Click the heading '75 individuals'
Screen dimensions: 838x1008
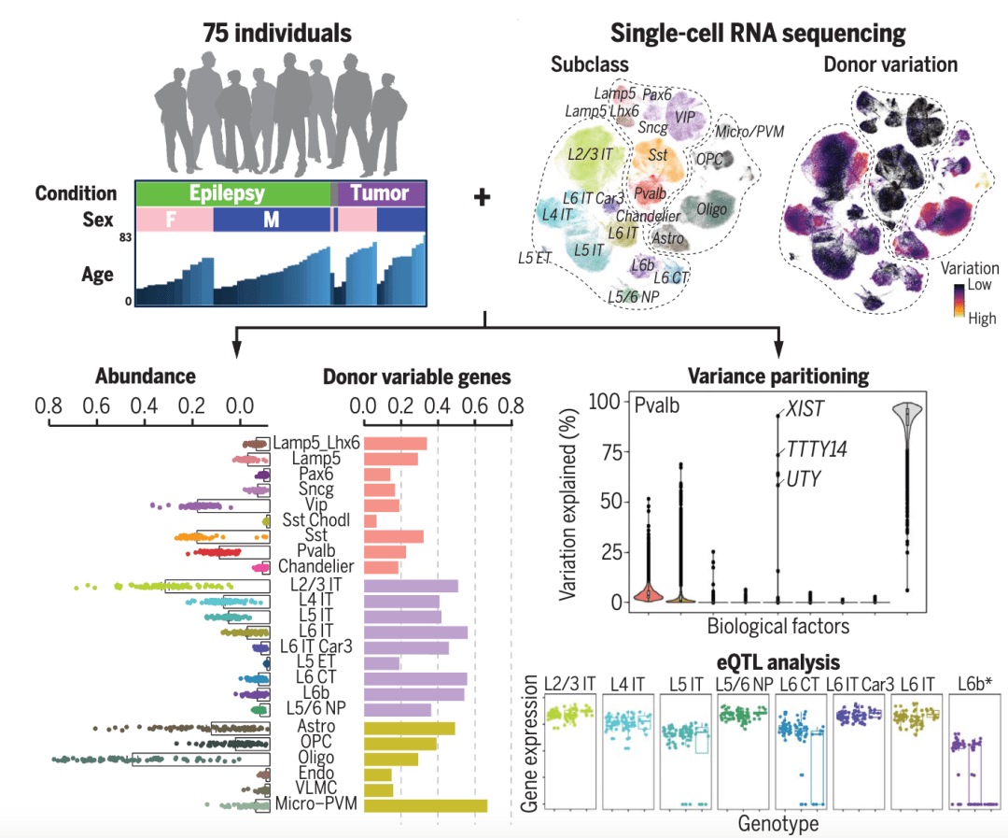[x=277, y=35]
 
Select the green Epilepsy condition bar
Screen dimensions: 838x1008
[x=227, y=193]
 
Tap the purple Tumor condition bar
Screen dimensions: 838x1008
[x=381, y=193]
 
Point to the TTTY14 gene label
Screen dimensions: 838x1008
[x=817, y=449]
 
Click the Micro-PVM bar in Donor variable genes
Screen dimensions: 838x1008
[x=425, y=805]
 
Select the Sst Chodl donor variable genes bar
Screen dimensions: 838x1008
[x=371, y=520]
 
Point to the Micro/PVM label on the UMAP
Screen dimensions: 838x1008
[x=749, y=131]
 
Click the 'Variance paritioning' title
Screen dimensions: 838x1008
[x=778, y=376]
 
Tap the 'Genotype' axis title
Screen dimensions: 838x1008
[x=777, y=823]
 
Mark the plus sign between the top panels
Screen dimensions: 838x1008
[x=483, y=198]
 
